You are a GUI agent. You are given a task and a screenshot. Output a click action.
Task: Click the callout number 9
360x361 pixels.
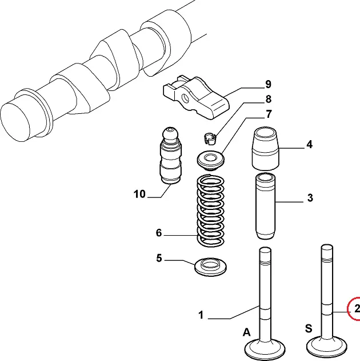267,85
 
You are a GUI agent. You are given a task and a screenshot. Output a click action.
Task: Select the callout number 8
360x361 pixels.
267,100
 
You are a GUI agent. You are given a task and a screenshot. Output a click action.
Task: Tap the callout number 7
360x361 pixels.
267,114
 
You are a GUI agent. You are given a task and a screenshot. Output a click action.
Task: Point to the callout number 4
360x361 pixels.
309,145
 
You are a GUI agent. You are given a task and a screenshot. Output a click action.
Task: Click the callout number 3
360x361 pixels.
309,199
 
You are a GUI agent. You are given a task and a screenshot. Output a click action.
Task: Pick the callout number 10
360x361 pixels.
140,194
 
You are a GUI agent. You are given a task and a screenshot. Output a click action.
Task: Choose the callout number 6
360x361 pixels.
159,233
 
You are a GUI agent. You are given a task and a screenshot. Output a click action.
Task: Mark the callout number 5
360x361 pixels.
159,258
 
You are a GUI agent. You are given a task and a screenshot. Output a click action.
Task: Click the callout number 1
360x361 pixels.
201,315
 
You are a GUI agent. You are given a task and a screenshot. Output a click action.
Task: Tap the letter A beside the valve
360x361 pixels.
246,332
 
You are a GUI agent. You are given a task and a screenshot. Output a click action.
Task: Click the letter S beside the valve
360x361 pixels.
308,328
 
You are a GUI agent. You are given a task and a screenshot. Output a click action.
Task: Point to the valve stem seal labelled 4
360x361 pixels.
266,148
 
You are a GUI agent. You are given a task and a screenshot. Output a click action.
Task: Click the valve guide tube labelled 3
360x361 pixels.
266,205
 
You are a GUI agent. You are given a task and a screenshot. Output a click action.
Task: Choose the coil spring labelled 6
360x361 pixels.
210,211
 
